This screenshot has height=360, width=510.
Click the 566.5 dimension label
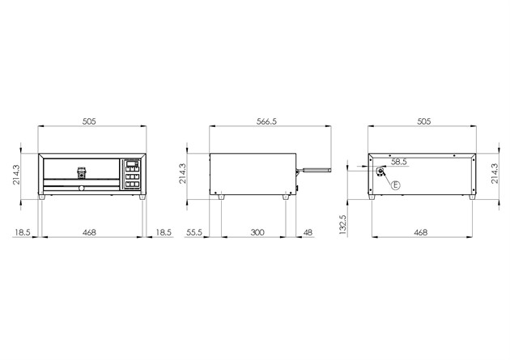pos(266,121)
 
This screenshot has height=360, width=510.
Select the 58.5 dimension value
pos(399,162)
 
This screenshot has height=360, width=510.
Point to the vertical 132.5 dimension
pos(342,224)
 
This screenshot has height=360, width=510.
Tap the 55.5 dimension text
pos(194,232)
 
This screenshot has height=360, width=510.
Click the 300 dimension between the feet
pos(257,232)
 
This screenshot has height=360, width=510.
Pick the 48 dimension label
pos(308,232)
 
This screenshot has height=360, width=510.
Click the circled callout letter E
pos(396,185)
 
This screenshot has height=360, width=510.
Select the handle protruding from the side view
pos(313,170)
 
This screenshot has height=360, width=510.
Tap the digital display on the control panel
pos(132,163)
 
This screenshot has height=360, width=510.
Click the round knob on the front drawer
pos(81,188)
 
